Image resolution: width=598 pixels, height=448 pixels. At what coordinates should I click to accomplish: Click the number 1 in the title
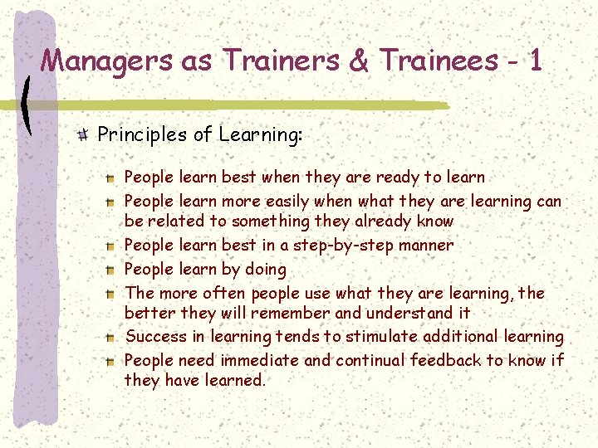coord(534,61)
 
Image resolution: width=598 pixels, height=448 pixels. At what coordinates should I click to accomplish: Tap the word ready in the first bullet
coord(398,177)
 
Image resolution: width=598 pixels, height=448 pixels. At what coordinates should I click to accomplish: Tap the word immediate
coord(259,360)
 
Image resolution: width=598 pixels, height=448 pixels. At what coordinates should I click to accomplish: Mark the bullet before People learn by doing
coord(110,270)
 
